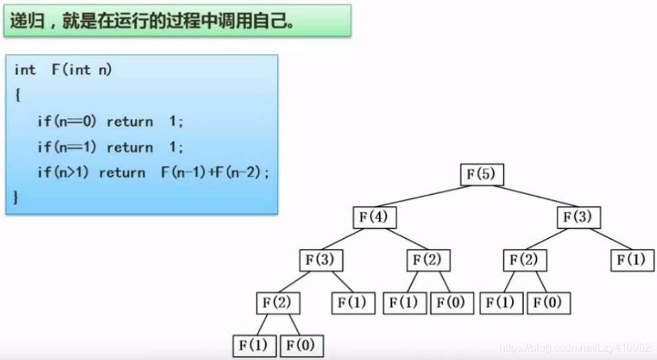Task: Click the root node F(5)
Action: point(482,175)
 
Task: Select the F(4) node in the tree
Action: point(374,217)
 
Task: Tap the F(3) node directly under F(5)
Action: point(579,217)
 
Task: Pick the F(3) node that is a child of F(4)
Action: point(321,260)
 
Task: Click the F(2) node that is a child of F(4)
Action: point(428,260)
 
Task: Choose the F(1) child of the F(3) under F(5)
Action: point(632,260)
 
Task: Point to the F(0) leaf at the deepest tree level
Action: point(301,344)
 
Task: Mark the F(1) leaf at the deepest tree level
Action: point(254,344)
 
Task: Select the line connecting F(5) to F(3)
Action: point(530,196)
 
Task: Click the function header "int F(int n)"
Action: point(63,70)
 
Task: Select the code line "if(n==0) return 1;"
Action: point(110,122)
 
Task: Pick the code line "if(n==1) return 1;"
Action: point(110,148)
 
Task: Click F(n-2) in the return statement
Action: point(240,173)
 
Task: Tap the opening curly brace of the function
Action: point(17,95)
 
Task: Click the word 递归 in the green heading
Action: point(23,21)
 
